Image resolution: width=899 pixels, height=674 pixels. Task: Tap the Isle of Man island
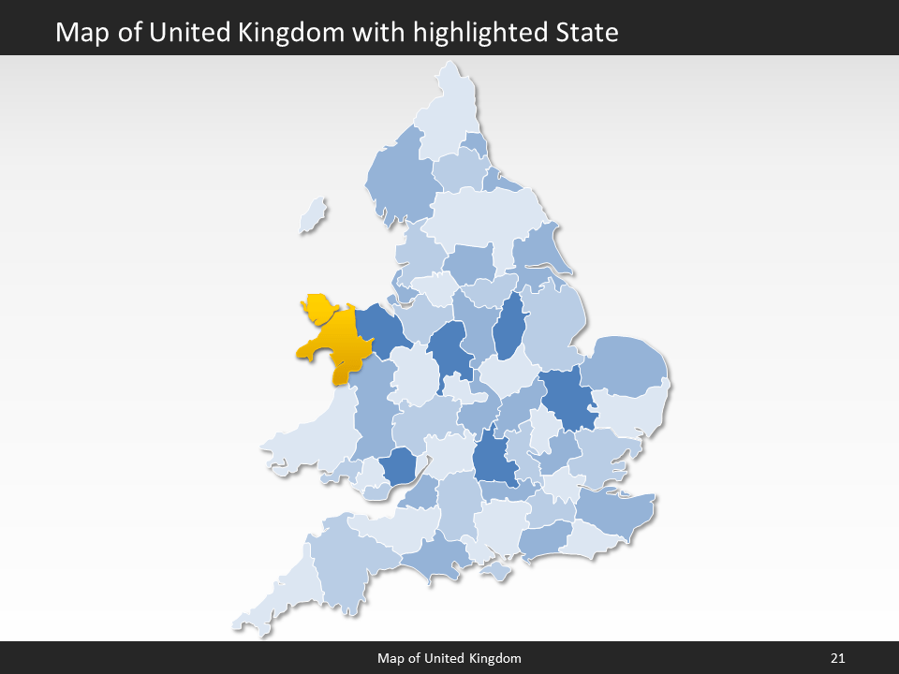point(315,216)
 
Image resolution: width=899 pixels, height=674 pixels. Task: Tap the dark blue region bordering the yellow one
point(377,328)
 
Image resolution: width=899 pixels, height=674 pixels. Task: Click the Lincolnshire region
point(553,323)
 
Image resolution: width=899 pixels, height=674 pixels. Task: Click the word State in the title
point(585,33)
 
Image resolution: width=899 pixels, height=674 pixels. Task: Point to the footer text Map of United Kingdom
point(449,658)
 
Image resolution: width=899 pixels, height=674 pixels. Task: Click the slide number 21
point(837,658)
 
